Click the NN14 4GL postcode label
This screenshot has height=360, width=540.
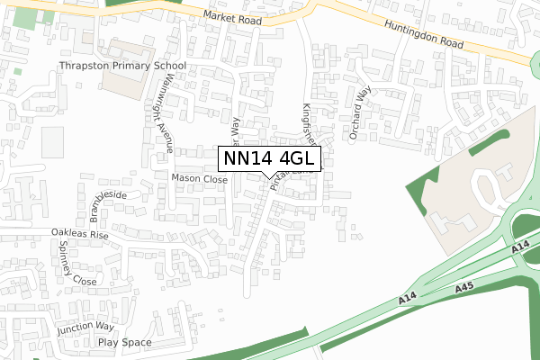point(268,158)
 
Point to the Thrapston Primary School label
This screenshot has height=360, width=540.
point(121,66)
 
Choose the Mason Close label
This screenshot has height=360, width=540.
point(200,179)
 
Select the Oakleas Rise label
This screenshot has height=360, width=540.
point(79,234)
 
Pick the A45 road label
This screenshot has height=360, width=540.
point(464,287)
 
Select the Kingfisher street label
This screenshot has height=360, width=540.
point(310,125)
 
